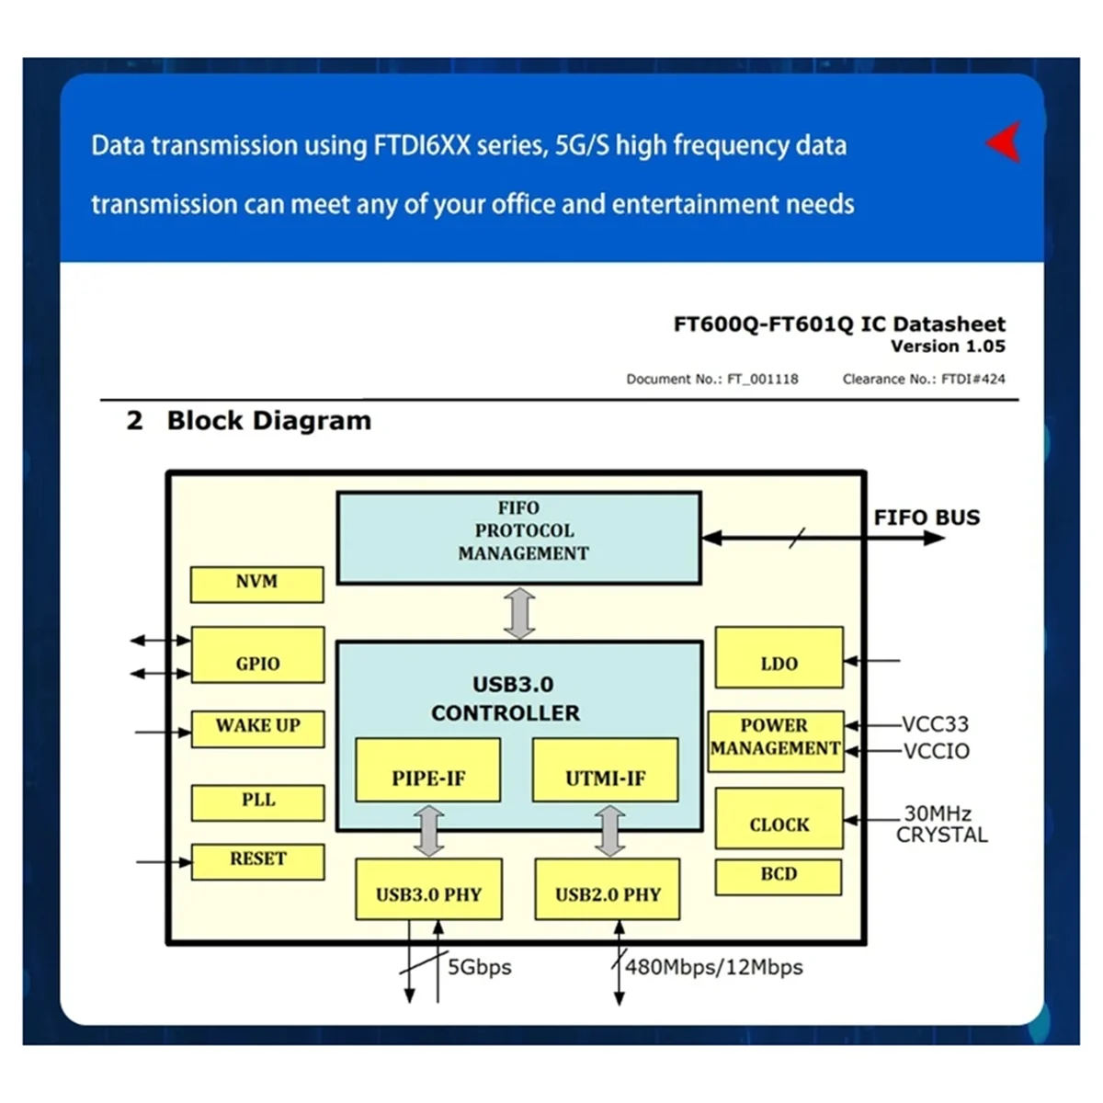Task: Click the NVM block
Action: click(x=256, y=585)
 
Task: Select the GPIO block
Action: click(x=257, y=654)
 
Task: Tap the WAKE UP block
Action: click(x=257, y=728)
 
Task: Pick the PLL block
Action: click(x=257, y=802)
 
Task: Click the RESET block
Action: click(x=257, y=861)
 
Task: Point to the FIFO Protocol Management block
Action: click(x=519, y=538)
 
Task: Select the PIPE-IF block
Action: click(x=427, y=769)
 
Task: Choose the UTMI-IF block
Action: click(x=605, y=769)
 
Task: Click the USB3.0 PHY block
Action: click(x=428, y=889)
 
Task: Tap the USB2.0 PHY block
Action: click(x=608, y=889)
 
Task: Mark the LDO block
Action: click(x=779, y=657)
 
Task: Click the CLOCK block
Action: click(x=779, y=818)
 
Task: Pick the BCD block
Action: click(x=778, y=877)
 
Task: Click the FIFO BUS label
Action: click(x=927, y=517)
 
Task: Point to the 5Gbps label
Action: click(x=479, y=967)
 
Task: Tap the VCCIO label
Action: click(x=936, y=751)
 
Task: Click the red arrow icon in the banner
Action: click(x=1005, y=142)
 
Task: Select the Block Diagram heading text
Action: click(x=268, y=421)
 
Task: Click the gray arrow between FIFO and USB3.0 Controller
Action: click(x=519, y=613)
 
